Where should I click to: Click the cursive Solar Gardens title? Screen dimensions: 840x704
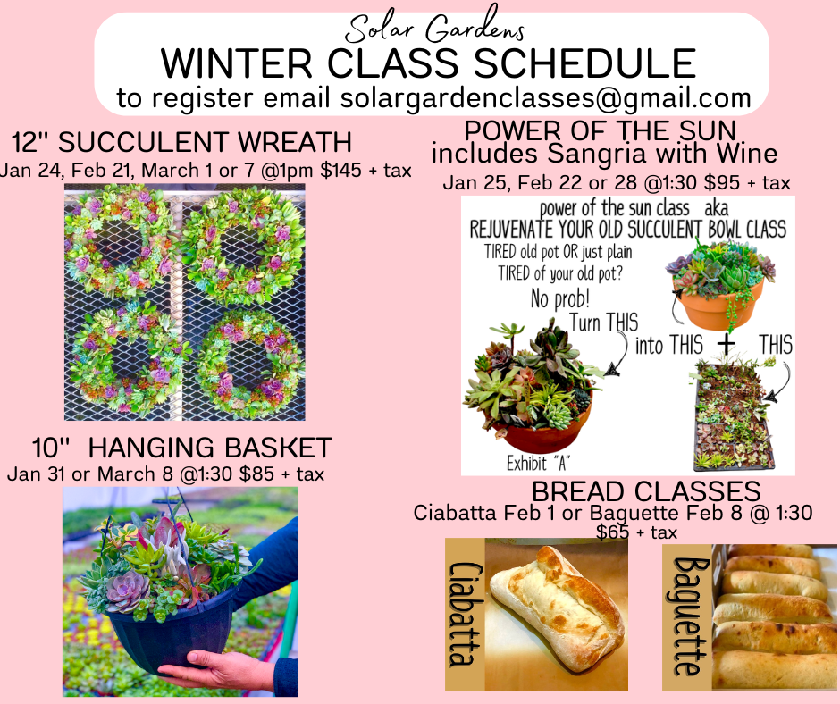point(434,25)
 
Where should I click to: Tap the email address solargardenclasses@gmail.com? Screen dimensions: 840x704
point(545,98)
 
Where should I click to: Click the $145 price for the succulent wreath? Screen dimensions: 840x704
point(340,170)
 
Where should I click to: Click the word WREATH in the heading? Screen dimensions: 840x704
point(294,142)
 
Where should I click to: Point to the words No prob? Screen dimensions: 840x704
point(559,298)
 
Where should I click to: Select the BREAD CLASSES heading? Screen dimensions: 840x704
point(646,491)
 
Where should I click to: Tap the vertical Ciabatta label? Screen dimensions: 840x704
point(464,614)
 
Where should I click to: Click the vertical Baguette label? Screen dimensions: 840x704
point(688,616)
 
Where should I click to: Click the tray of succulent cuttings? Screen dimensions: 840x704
point(734,415)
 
